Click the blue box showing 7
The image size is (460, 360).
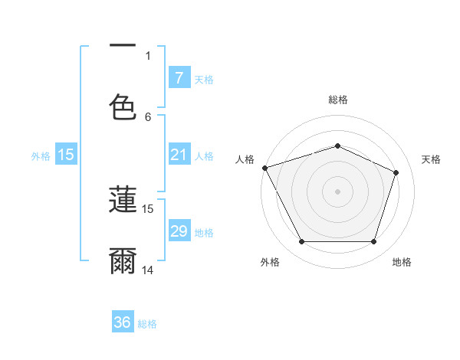[179, 77]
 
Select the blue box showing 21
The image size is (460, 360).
[179, 155]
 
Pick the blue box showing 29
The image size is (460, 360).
[179, 231]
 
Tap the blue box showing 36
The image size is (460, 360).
[123, 322]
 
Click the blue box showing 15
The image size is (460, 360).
[66, 155]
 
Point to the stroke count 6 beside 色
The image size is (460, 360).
[148, 116]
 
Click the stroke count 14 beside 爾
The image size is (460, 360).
[148, 270]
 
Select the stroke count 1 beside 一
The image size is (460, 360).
[148, 55]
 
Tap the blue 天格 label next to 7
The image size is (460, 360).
[204, 79]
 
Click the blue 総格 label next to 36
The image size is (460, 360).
[147, 324]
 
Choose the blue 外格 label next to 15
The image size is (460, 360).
[41, 156]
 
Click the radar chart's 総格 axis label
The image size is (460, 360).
[337, 100]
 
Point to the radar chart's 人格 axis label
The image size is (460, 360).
[245, 159]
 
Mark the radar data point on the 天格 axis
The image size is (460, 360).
[396, 172]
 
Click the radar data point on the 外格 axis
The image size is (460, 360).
[301, 242]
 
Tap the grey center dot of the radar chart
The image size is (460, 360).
[337, 191]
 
